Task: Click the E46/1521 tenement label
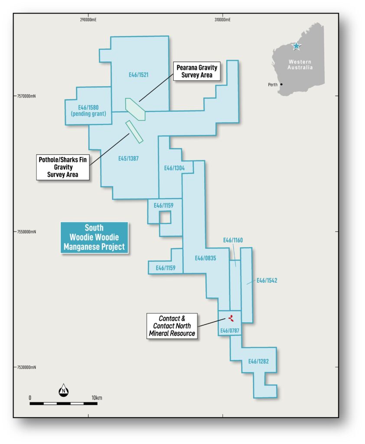[138, 75]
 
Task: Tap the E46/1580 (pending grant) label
[88, 111]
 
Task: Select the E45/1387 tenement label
[128, 158]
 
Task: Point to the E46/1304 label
[174, 168]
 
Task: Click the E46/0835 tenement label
[205, 258]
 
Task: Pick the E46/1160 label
[233, 240]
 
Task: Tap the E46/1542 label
[267, 281]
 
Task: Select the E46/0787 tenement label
[230, 330]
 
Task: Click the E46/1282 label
[258, 361]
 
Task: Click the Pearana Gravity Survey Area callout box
[197, 72]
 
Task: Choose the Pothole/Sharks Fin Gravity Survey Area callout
[63, 167]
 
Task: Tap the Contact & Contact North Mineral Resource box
[172, 326]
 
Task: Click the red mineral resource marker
[231, 318]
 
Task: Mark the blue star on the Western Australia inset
[296, 46]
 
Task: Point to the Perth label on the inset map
[273, 85]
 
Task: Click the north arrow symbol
[63, 390]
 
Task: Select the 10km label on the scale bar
[97, 398]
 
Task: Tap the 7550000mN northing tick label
[26, 232]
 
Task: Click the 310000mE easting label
[222, 20]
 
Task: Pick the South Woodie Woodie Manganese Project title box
[95, 237]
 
